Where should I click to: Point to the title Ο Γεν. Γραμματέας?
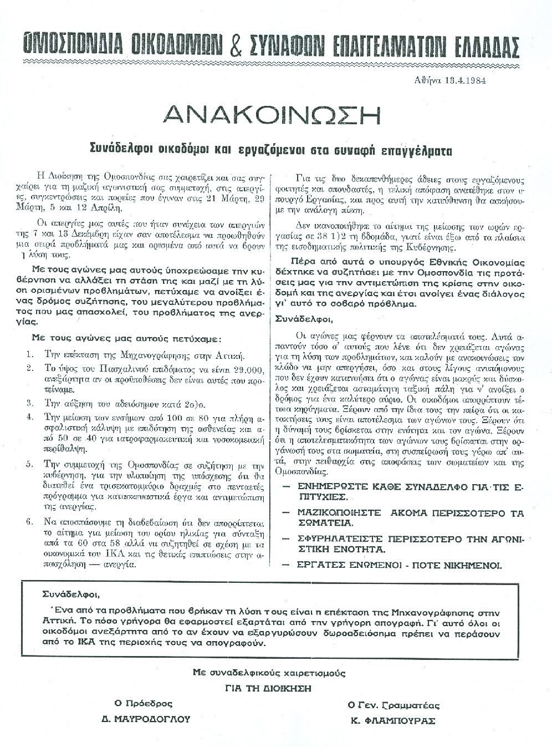coord(393,705)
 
